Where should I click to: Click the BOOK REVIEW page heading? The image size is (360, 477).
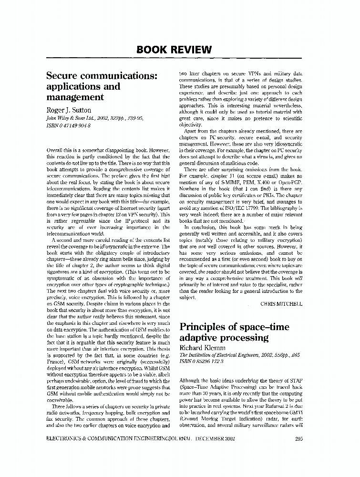174,50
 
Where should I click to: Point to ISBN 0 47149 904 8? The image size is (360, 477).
68,125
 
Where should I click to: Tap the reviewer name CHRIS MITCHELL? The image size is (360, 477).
281,303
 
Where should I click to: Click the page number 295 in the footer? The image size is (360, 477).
298,439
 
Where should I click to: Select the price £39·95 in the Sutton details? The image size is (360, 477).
132,118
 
